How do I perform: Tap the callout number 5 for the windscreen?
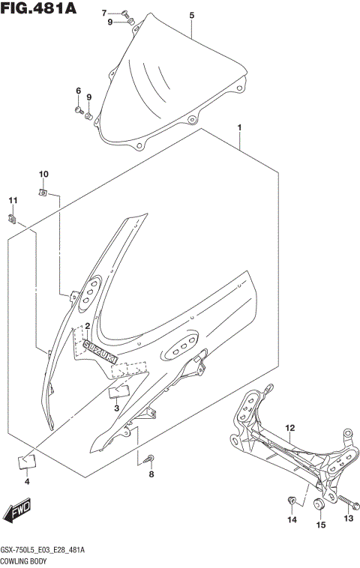(x=191, y=15)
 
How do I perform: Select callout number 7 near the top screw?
(x=105, y=13)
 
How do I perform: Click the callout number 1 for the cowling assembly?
(x=239, y=127)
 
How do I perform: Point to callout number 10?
(x=43, y=175)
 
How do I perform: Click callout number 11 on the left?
(x=12, y=200)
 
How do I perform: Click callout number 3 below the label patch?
(x=116, y=408)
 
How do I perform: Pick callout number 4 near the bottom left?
(x=26, y=481)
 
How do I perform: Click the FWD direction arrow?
(x=17, y=513)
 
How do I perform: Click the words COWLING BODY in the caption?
(x=25, y=560)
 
